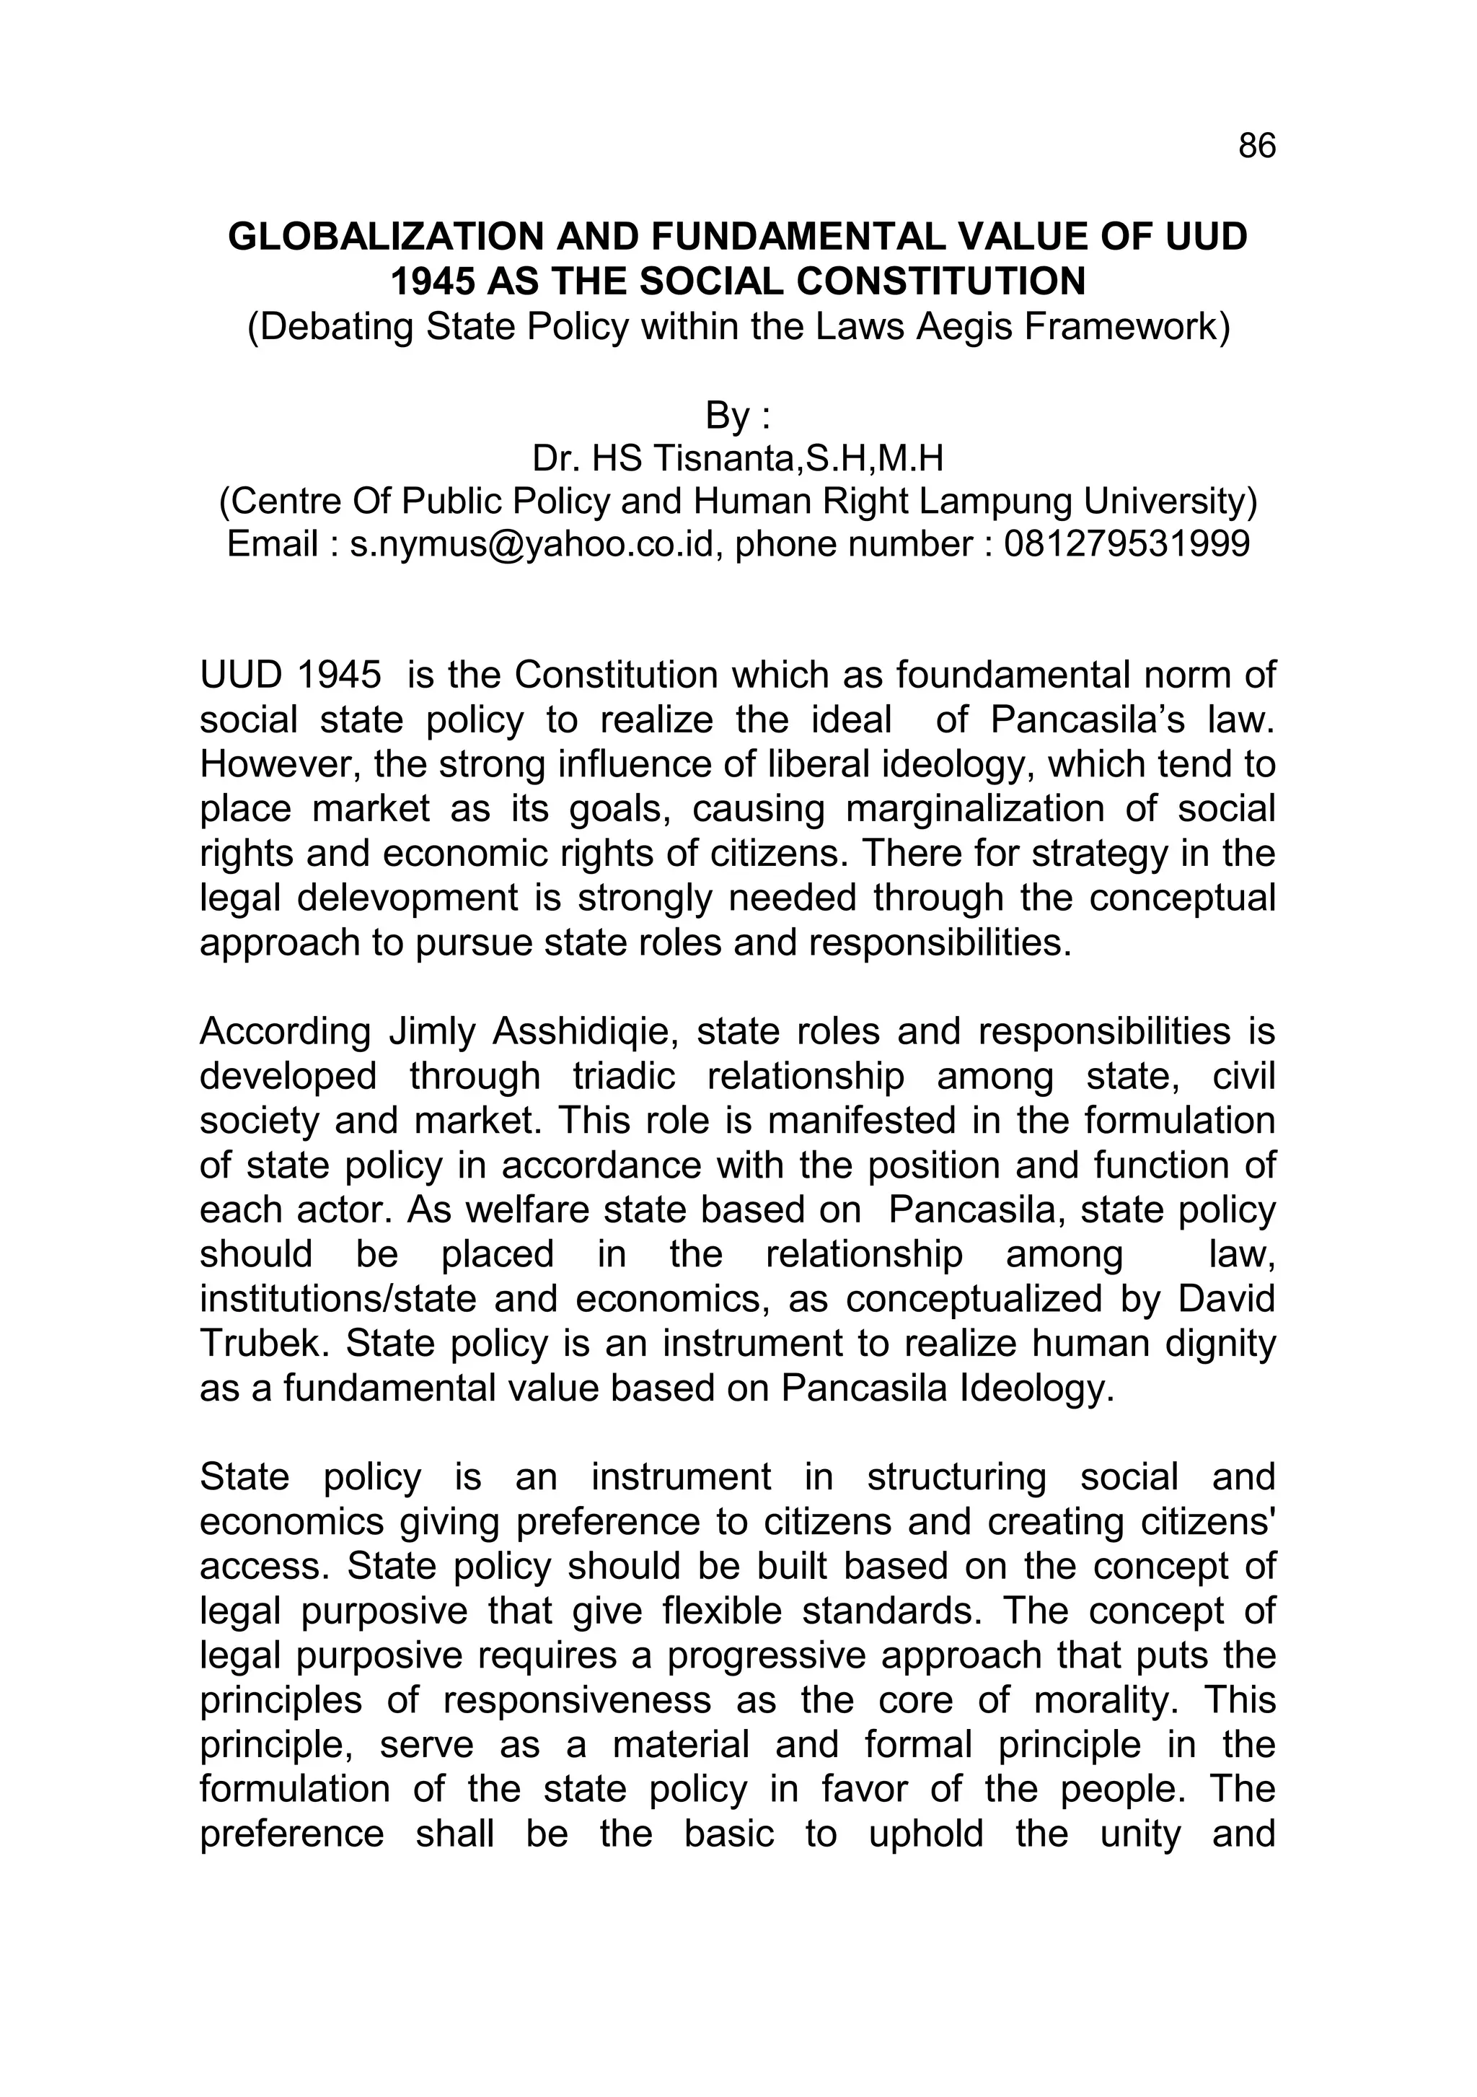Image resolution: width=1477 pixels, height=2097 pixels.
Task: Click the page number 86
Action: pyautogui.click(x=1256, y=146)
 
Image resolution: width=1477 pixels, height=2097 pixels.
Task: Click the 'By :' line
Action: pyautogui.click(x=738, y=416)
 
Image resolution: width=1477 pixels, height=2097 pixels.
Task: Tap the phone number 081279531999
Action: pyautogui.click(x=1127, y=544)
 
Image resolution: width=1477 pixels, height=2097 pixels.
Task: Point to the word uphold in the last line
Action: pyautogui.click(x=925, y=1834)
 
